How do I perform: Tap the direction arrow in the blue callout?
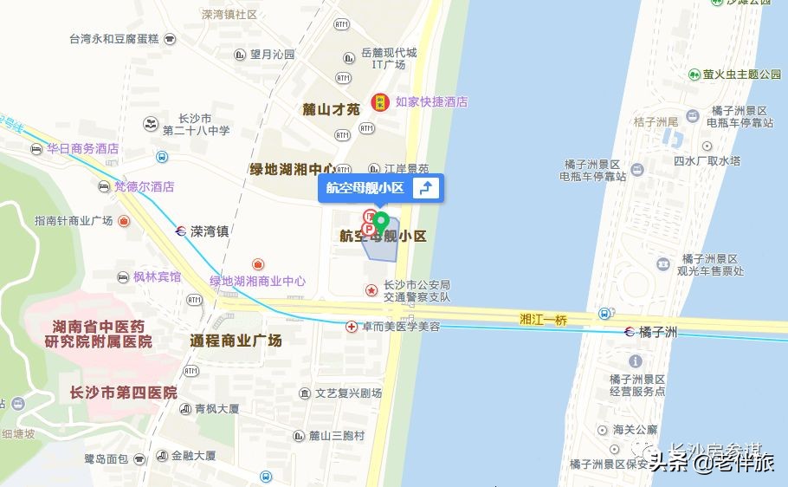click(424, 189)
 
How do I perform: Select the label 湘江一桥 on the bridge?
click(544, 320)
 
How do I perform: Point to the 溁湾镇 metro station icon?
click(179, 231)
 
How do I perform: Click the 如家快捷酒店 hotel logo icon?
click(379, 101)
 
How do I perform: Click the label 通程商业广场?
click(236, 341)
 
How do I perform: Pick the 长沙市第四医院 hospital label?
click(124, 393)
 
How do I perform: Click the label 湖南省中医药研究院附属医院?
click(98, 334)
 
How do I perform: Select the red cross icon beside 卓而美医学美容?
click(352, 327)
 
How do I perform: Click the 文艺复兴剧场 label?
click(348, 393)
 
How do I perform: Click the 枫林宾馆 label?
click(157, 276)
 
